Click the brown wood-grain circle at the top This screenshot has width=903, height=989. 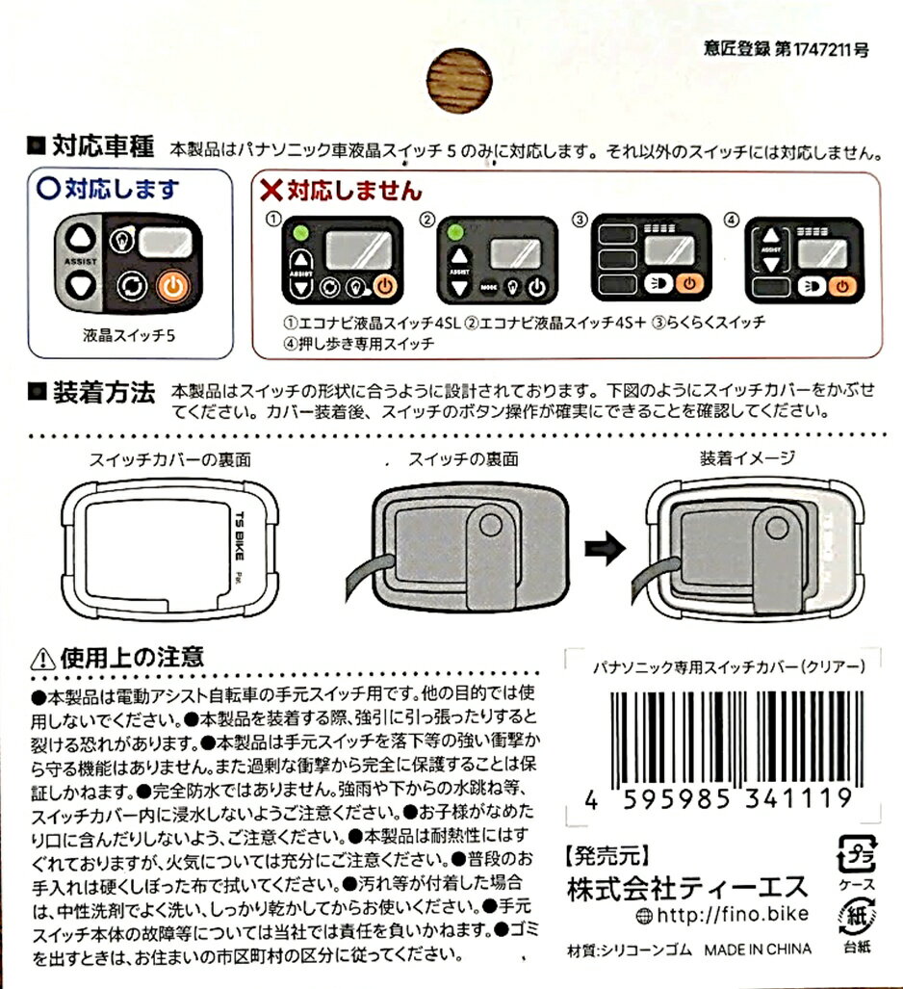[459, 81]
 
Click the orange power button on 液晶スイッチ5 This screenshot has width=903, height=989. [172, 286]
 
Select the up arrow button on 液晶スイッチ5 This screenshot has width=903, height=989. [81, 238]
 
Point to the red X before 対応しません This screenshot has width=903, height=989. [271, 189]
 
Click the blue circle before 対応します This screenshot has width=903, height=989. [48, 188]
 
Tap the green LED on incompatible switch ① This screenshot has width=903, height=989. [300, 233]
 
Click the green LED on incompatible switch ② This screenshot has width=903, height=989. [454, 233]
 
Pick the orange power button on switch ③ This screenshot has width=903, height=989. [690, 284]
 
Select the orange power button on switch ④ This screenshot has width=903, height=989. [843, 287]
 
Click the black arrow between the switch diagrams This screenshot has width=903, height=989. [605, 547]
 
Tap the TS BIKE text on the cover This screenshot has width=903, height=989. [239, 535]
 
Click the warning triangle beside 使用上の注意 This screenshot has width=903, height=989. [43, 659]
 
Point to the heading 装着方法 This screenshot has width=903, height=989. [104, 392]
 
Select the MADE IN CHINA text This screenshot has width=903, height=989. [758, 950]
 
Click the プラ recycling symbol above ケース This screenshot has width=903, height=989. [856, 855]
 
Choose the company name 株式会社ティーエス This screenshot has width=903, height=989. [687, 888]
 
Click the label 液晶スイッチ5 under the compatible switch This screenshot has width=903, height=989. [129, 335]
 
